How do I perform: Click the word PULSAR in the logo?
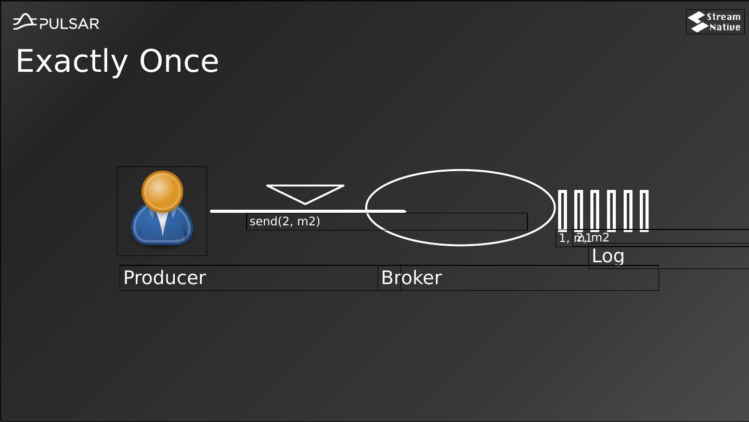(x=70, y=23)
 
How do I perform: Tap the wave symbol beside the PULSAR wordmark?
(x=24, y=22)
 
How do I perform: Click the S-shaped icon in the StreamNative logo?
(x=697, y=22)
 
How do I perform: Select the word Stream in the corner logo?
(x=724, y=17)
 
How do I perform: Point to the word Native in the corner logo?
(x=725, y=27)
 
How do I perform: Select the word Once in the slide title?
(x=179, y=61)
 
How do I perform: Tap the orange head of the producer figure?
(x=162, y=191)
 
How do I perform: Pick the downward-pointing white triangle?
(x=305, y=192)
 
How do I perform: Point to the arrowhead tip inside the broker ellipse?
(x=405, y=211)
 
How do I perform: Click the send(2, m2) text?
(x=285, y=222)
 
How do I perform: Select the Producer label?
(x=164, y=278)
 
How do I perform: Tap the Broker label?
(x=411, y=278)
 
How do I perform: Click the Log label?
(x=608, y=256)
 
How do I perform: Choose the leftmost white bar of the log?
(x=562, y=211)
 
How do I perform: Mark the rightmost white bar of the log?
(x=644, y=211)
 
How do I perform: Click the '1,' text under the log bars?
(x=564, y=238)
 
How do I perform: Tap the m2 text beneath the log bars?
(x=600, y=238)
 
